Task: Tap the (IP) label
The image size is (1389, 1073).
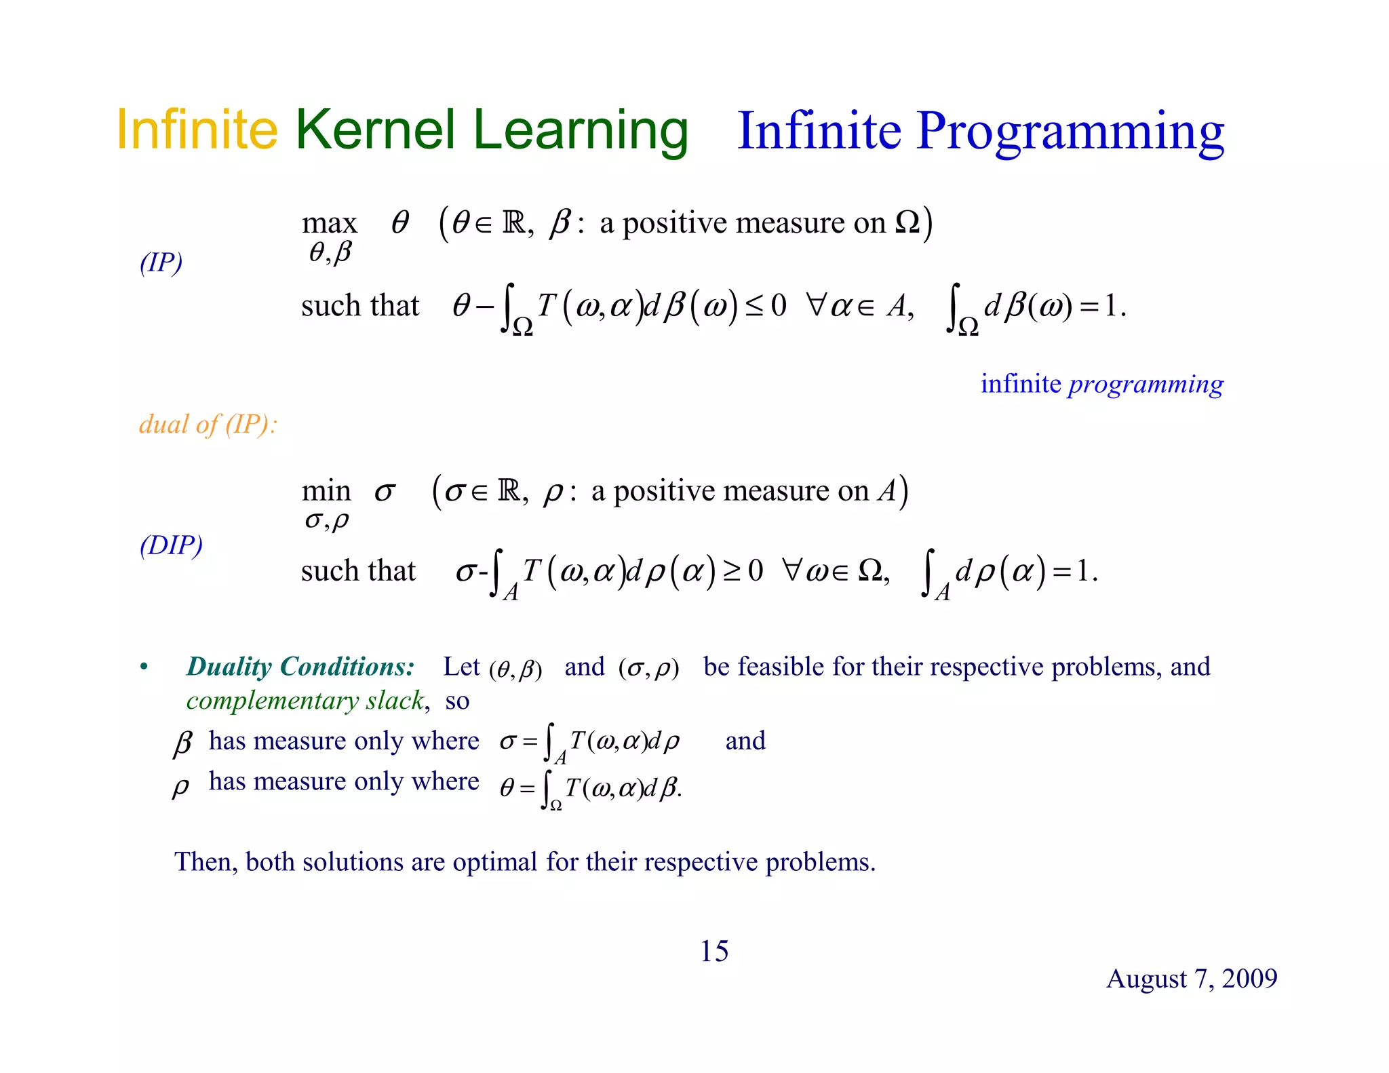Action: point(161,262)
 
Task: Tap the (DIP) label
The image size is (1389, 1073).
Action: point(171,545)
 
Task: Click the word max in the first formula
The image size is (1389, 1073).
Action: point(329,223)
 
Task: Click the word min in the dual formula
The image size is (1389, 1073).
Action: point(326,491)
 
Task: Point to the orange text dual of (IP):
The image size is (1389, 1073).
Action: point(208,425)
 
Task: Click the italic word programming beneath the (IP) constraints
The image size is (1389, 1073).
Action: point(1146,385)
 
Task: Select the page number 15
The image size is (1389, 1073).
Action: point(713,951)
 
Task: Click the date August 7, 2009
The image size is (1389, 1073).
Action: point(1192,979)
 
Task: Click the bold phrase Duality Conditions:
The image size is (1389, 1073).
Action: point(300,667)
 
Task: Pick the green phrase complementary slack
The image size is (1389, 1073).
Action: point(306,701)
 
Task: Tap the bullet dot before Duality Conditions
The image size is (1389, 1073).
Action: point(144,667)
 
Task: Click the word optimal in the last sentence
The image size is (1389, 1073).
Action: point(495,862)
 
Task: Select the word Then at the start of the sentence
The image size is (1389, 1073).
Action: point(203,862)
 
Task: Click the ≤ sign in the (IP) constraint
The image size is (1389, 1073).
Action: point(754,307)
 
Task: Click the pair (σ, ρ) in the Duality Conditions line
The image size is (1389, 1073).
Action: point(648,669)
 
